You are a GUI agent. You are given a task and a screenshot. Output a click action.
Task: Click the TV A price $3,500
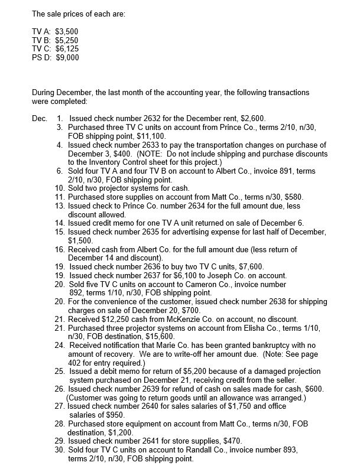pos(66,30)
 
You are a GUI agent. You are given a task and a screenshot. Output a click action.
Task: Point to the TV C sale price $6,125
pos(67,48)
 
